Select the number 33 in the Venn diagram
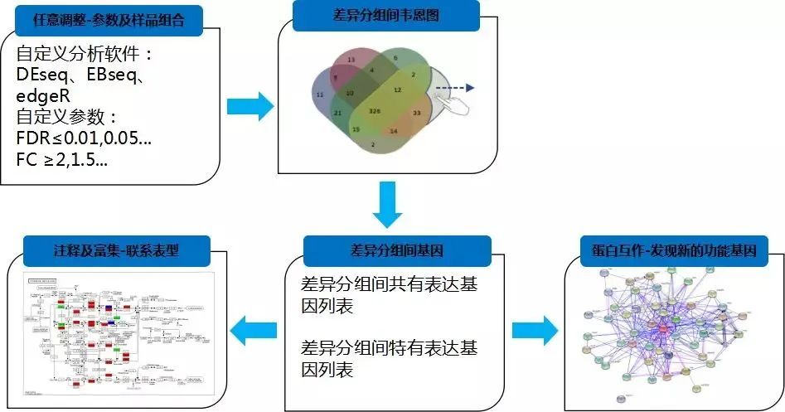[417, 112]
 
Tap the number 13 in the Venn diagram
[351, 61]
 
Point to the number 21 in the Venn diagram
[338, 112]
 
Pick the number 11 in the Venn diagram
[320, 95]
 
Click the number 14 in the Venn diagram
[394, 131]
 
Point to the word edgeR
[42, 95]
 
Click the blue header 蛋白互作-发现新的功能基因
[675, 246]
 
